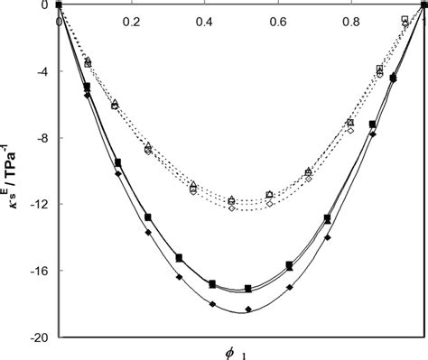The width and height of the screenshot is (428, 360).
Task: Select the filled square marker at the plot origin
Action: tap(59, 5)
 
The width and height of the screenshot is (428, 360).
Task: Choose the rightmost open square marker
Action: tap(404, 19)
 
